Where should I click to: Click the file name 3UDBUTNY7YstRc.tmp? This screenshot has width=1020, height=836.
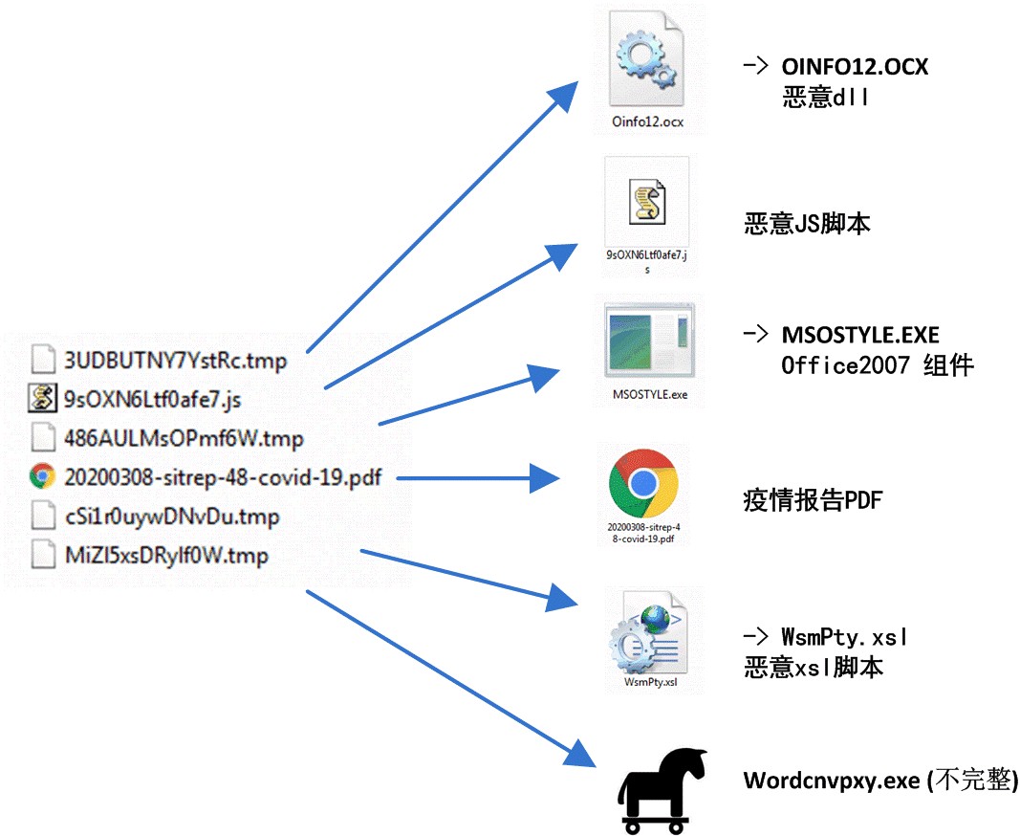(175, 361)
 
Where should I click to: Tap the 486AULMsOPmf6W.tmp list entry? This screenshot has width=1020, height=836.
(183, 439)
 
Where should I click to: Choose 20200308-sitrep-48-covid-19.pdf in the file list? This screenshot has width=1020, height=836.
(222, 476)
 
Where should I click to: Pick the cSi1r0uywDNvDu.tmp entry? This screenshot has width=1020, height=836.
(171, 517)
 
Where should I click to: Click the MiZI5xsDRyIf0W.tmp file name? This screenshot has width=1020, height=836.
(165, 556)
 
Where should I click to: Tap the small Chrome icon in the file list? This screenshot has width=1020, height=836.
(42, 476)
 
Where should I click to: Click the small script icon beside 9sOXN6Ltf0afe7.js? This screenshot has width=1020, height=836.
(42, 399)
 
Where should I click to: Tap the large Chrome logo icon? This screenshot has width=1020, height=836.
(643, 484)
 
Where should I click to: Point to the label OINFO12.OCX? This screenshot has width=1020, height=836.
(855, 67)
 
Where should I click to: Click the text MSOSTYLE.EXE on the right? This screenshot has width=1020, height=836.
(860, 335)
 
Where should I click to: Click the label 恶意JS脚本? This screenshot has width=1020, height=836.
(807, 225)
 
